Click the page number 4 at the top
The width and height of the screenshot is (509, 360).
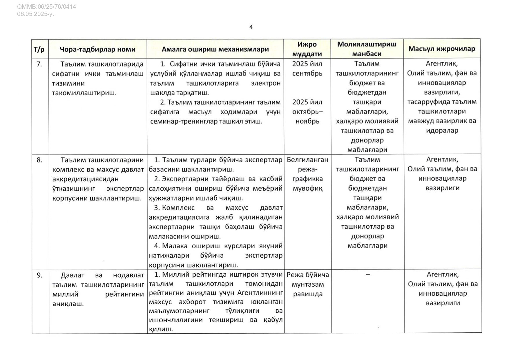[251, 27]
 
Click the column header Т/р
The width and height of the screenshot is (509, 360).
[39, 49]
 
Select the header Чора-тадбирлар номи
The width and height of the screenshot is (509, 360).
[97, 49]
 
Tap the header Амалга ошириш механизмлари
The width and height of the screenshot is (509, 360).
[215, 49]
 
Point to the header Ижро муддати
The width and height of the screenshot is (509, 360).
[307, 49]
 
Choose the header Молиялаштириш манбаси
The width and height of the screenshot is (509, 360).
[367, 49]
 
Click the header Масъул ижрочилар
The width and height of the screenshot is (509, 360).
[441, 49]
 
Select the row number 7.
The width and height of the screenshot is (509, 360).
[39, 64]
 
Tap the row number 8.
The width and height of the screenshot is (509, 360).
[39, 160]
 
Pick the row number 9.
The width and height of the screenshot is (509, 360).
[39, 275]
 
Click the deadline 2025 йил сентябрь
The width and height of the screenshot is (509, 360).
[307, 68]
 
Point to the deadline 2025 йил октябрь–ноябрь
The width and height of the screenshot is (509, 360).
[307, 112]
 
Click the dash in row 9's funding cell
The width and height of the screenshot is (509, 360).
[368, 274]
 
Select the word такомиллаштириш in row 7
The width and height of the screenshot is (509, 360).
[84, 93]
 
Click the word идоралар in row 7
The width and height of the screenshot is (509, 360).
[442, 131]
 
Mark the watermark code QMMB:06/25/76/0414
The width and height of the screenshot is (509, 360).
[46, 7]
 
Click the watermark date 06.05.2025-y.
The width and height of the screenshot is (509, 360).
[35, 14]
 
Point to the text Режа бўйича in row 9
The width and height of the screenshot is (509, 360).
[308, 275]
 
